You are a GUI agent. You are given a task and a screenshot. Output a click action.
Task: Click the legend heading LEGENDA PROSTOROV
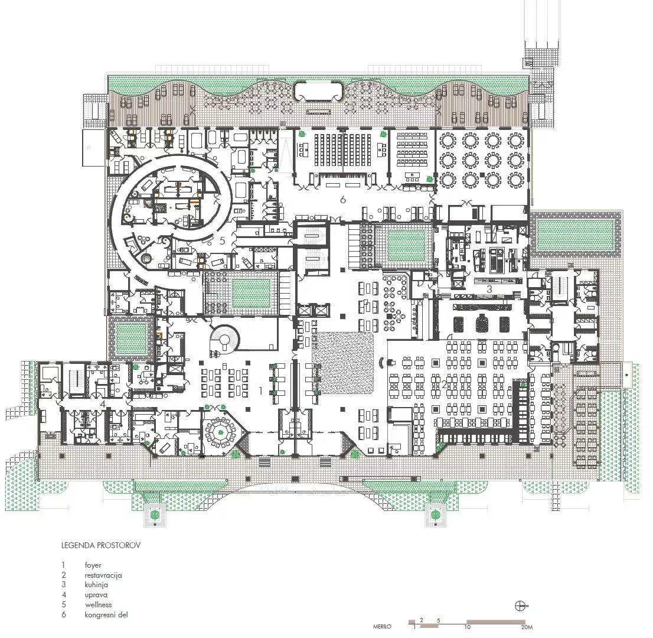point(100,545)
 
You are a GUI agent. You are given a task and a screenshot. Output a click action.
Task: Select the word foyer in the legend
point(93,565)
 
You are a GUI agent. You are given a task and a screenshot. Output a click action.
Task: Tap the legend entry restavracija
point(103,575)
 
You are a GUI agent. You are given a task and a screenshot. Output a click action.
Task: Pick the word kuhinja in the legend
point(96,585)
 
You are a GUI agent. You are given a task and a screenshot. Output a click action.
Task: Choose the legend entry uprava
point(96,595)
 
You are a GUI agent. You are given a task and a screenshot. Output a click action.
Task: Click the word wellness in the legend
point(98,605)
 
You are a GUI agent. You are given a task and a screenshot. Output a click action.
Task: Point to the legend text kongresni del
point(106,615)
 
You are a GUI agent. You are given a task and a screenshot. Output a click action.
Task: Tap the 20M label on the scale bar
point(527,627)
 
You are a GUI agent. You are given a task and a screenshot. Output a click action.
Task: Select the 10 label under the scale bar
point(468,627)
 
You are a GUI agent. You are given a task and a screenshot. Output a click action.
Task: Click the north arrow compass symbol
point(521,606)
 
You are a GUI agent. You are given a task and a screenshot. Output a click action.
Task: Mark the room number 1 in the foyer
point(260,390)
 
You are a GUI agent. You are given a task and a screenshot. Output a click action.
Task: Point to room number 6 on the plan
point(342,200)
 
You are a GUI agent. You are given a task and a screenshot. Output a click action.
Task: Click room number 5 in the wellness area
point(222,240)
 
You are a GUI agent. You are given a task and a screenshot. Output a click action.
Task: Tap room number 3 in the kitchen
point(489,289)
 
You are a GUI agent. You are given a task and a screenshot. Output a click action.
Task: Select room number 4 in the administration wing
point(102,403)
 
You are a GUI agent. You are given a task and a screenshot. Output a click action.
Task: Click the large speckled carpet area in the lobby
point(343,363)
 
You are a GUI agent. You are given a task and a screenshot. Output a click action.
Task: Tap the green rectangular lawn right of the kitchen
point(574,235)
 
